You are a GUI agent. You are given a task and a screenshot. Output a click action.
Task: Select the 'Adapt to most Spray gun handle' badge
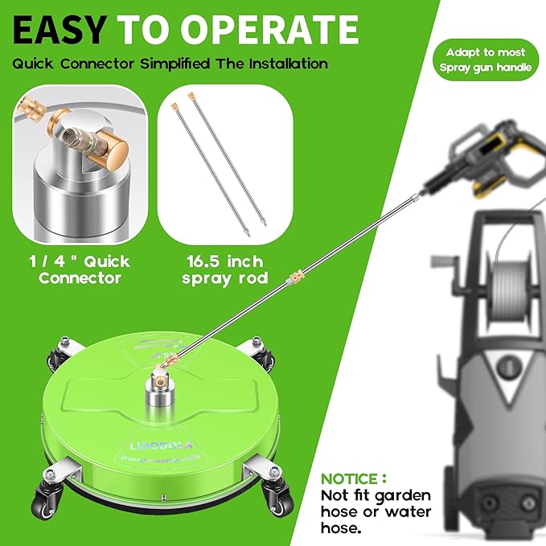(487, 60)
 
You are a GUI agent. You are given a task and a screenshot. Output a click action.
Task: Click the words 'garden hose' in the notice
(377, 495)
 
